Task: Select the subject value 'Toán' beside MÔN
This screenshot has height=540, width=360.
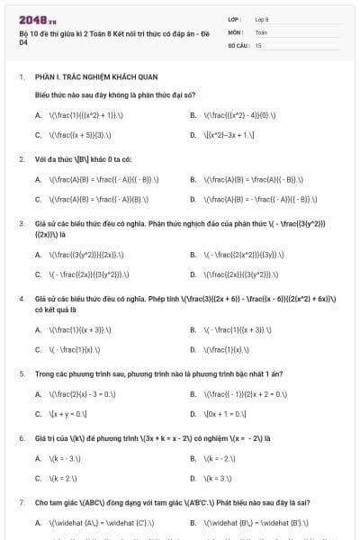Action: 261,31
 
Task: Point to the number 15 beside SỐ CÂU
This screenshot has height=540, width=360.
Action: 258,44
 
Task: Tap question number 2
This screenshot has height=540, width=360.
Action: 22,158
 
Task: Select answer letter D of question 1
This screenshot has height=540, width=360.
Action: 193,135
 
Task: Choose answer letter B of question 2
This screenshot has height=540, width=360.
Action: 193,179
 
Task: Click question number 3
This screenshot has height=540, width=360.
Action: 22,222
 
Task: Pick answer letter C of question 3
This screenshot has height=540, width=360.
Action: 38,274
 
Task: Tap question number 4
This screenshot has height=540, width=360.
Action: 22,297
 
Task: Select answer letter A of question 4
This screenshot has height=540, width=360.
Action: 38,329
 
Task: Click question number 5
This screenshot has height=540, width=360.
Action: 22,372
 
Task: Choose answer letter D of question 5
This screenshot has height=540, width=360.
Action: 193,413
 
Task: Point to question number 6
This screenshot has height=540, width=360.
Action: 22,437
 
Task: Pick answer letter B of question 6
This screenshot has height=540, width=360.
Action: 193,458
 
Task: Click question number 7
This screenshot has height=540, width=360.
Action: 22,502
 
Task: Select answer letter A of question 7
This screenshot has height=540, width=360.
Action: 38,523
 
